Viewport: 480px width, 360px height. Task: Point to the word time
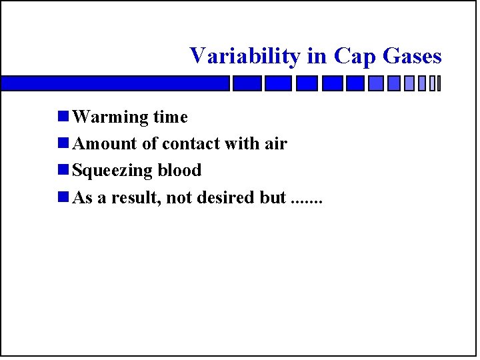point(170,117)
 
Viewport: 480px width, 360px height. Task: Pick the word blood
point(179,171)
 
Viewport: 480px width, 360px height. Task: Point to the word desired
point(223,198)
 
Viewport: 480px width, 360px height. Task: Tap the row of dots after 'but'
point(307,201)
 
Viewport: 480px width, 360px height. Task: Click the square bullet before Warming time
point(63,117)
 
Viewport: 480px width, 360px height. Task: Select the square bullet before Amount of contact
point(63,144)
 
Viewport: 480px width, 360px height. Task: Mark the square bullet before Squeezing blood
point(63,171)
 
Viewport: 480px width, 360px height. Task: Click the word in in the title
point(317,56)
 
